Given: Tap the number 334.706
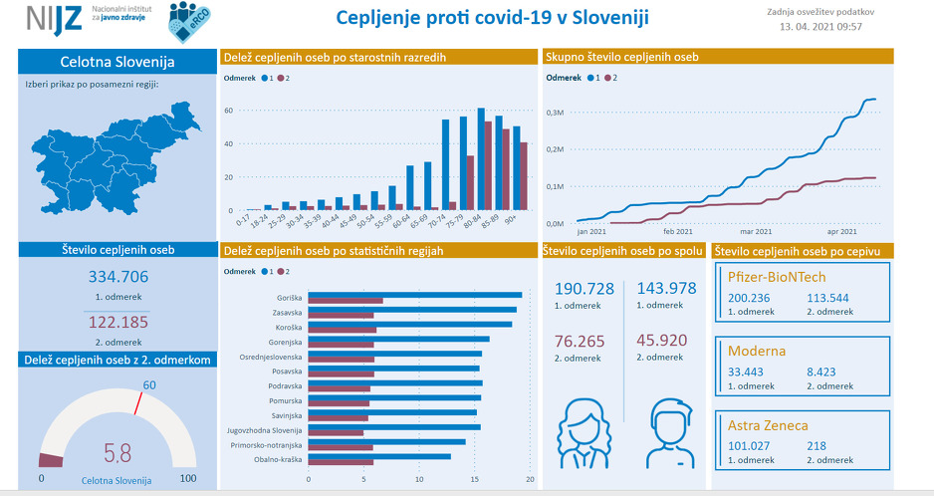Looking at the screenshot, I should tap(117, 277).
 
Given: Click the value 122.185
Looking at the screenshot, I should tap(117, 322).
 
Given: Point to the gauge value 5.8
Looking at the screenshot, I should tap(117, 453).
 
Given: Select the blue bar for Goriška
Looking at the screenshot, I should tap(415, 295).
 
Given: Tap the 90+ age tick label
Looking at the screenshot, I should tap(511, 218).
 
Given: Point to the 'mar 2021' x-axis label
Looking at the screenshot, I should tap(769, 231).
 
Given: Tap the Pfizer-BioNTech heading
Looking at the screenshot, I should tap(777, 277).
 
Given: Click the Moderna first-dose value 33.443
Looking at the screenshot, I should tap(745, 372).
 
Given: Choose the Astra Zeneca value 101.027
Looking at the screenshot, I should tap(751, 446).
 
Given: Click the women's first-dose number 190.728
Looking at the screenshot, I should tap(584, 289).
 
